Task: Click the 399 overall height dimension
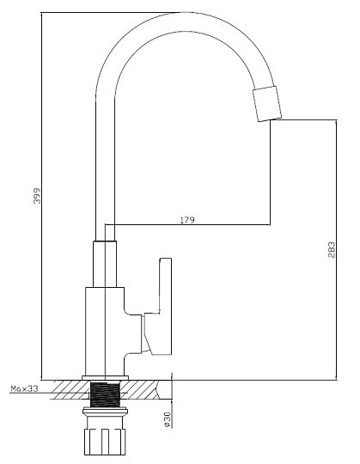[37, 196]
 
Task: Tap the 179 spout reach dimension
[187, 220]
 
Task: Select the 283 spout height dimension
[332, 250]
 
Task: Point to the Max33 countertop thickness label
[25, 388]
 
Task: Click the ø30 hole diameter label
[168, 419]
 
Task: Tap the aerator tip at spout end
[267, 104]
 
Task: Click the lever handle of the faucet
[158, 306]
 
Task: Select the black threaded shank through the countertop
[105, 394]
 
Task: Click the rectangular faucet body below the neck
[105, 331]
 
